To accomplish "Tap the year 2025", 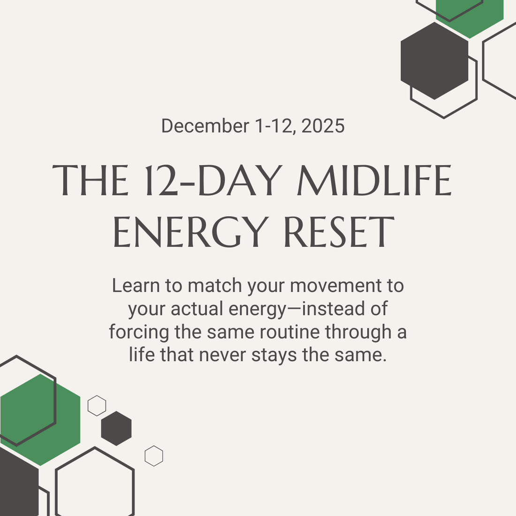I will [323, 126].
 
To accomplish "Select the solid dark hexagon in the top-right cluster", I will [434, 61].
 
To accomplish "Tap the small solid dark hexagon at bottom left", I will [116, 428].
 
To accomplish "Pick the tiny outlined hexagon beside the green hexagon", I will [97, 405].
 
